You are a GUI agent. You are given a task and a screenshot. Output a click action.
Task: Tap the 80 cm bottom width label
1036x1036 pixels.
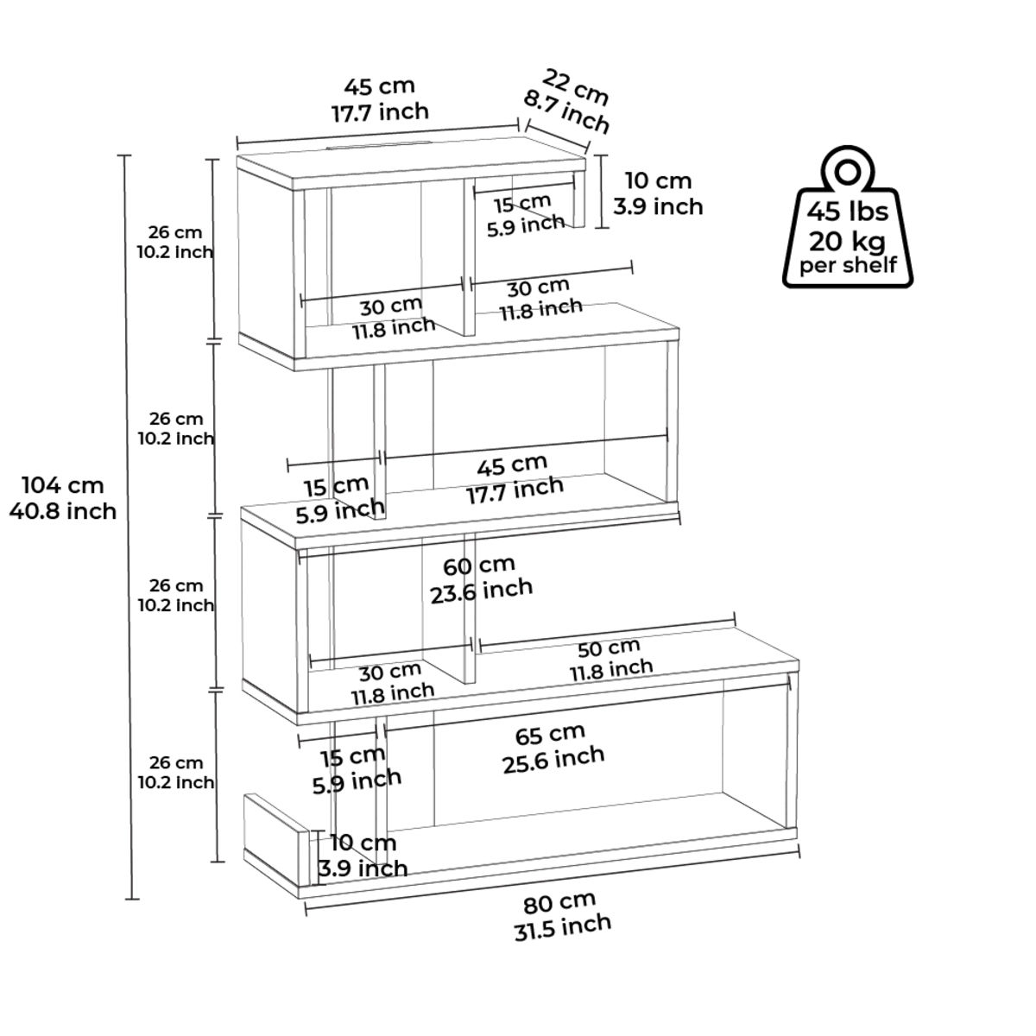click(x=559, y=903)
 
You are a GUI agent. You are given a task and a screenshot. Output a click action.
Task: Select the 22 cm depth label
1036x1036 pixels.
click(x=575, y=86)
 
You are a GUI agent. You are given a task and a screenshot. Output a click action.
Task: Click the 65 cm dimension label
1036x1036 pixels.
click(x=550, y=736)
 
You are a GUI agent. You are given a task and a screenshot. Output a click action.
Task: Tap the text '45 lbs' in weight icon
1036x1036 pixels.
click(x=847, y=212)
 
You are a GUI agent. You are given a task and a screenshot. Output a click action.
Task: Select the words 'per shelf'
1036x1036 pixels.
click(x=847, y=264)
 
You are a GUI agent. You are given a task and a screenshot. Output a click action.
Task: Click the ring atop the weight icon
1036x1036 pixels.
click(x=847, y=168)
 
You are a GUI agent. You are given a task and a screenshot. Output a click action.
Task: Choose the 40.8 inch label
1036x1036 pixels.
click(x=62, y=511)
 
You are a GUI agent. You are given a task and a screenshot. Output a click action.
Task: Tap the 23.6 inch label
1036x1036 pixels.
click(x=481, y=590)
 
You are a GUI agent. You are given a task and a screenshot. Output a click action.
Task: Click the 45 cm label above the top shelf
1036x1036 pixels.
click(x=380, y=86)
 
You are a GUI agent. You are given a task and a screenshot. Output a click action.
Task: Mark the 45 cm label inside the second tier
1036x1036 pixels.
click(x=512, y=465)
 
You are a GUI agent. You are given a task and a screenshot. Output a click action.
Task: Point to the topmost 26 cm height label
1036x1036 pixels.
click(x=175, y=232)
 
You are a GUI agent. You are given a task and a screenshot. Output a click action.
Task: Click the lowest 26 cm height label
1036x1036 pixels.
click(x=175, y=763)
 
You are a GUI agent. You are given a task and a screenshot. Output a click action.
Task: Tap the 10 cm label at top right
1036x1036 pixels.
click(x=658, y=181)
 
